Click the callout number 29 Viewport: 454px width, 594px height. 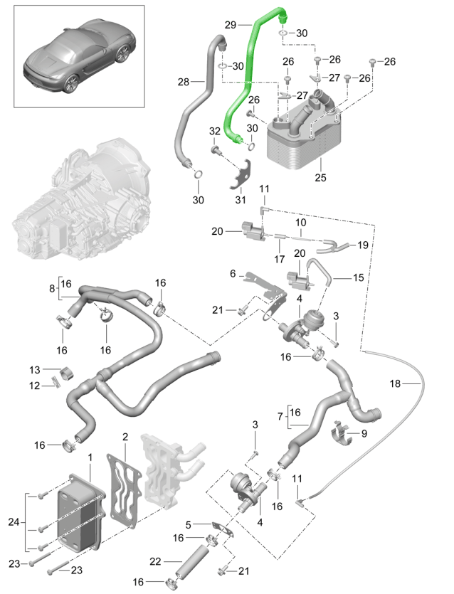click(230, 25)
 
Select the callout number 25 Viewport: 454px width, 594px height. click(320, 177)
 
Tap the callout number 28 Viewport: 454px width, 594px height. click(184, 83)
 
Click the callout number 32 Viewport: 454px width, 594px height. click(214, 131)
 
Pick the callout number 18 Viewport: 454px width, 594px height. click(395, 384)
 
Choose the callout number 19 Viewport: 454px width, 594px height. click(363, 245)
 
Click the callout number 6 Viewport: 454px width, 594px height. click(232, 273)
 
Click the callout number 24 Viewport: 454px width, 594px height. click(14, 523)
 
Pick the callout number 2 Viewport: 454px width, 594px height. click(125, 436)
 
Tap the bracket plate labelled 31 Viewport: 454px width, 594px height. click(243, 174)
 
